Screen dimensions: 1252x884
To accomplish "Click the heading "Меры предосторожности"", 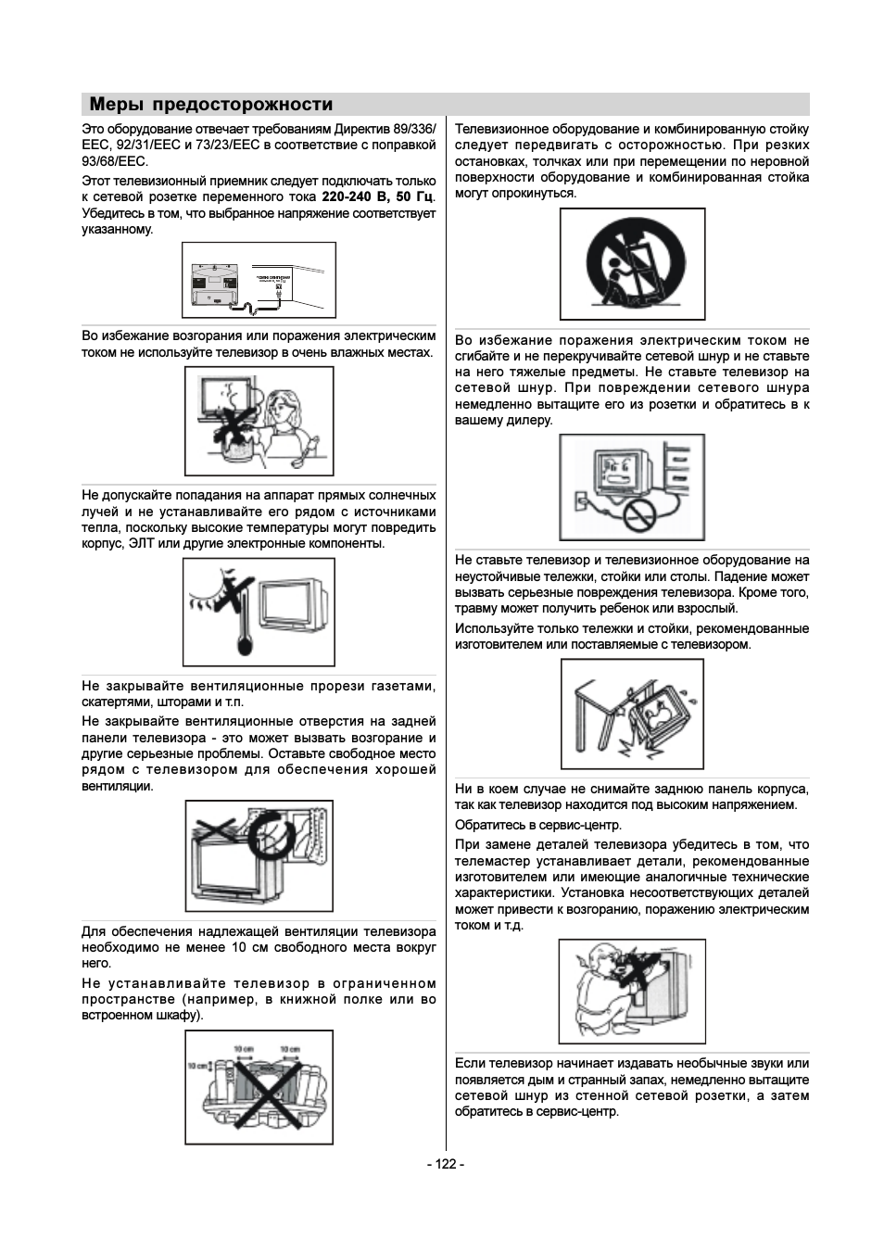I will (x=211, y=105).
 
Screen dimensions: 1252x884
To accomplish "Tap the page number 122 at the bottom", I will (x=445, y=1164).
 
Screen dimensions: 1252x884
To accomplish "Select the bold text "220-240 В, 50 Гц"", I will (x=377, y=197).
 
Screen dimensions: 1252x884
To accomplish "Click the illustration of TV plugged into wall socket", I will (x=259, y=280).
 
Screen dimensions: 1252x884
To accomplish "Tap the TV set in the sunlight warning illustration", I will (x=294, y=607).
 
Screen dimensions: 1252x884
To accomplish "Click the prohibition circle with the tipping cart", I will (x=632, y=263).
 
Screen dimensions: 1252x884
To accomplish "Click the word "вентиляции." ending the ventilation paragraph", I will (x=118, y=786).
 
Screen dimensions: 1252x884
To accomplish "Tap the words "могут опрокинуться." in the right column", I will (x=515, y=194).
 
